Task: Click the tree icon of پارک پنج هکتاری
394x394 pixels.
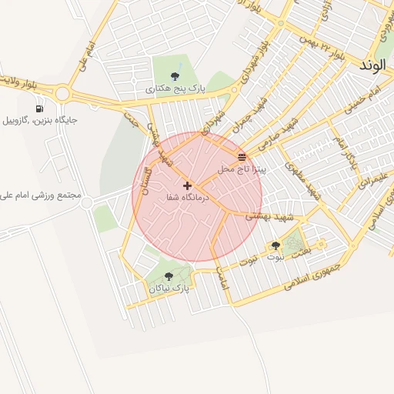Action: tap(175, 75)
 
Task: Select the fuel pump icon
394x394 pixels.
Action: tap(39, 109)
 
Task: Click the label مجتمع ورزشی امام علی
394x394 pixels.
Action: tap(42, 196)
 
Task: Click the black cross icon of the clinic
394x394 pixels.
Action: tap(188, 185)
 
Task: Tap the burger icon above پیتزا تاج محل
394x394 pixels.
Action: tap(242, 157)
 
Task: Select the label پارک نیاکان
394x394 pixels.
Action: tap(169, 288)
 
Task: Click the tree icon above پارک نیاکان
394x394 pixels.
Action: tap(169, 276)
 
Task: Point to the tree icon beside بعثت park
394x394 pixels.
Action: tap(275, 246)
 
